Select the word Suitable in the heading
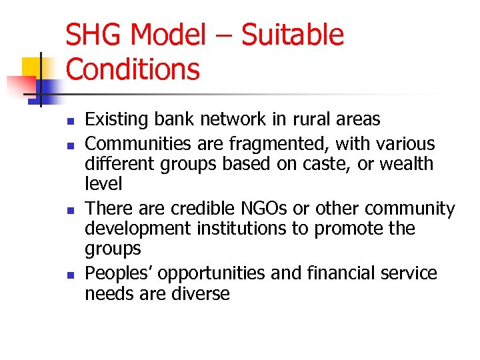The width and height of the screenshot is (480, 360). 293,35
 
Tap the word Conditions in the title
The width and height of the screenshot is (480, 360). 133,69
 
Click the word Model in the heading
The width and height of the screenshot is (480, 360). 169,35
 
